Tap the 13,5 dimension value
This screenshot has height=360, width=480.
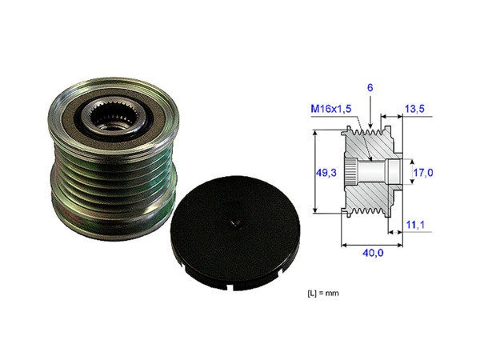[415, 108]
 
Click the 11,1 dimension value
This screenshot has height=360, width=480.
[415, 226]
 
